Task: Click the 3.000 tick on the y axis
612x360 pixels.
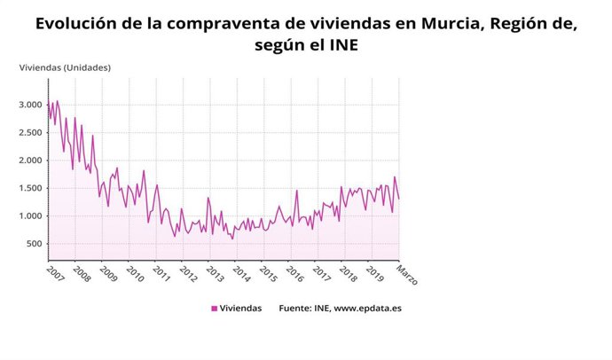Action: [29, 105]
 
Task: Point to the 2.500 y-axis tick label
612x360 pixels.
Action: [29, 133]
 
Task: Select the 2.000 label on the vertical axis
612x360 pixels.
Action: [29, 160]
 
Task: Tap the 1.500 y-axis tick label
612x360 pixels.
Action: [29, 188]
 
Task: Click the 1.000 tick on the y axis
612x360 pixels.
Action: [29, 216]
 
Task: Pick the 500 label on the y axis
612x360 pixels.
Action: [34, 244]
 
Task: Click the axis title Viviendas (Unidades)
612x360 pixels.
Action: [65, 67]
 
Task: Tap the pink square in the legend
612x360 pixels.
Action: [214, 309]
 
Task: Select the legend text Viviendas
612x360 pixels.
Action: [240, 309]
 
